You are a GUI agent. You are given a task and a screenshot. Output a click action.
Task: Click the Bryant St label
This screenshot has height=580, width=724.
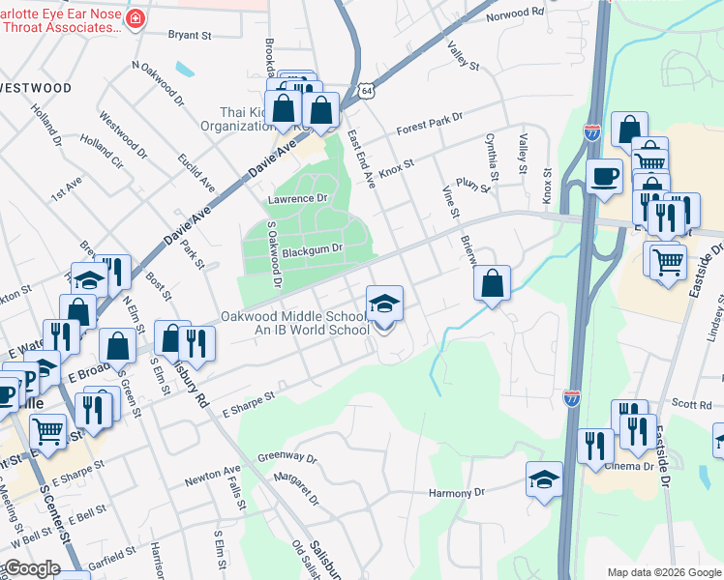tap(190, 36)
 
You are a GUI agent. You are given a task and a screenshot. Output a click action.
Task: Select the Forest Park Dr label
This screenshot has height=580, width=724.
tap(430, 125)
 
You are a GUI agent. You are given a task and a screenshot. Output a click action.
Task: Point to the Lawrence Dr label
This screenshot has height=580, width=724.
tap(298, 199)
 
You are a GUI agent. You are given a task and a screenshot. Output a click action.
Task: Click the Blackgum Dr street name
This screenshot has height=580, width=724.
tap(319, 248)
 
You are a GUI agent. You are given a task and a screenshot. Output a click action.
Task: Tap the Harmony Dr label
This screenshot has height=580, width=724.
tap(457, 493)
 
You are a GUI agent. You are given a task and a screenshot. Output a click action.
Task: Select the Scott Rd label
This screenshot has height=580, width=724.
tap(692, 404)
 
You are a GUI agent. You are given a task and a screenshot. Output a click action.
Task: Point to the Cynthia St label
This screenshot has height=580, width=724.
tap(492, 157)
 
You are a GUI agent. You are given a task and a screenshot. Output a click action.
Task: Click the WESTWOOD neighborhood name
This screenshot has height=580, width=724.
tap(36, 88)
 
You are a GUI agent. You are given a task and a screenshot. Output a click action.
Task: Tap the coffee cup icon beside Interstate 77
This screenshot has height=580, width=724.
tap(605, 177)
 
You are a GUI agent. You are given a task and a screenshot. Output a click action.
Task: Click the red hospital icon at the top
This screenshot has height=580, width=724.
tap(135, 18)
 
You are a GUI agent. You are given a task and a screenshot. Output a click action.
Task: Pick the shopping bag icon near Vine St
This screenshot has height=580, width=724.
tap(493, 283)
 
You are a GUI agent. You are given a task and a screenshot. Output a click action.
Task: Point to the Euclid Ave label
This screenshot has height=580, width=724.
tap(201, 171)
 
